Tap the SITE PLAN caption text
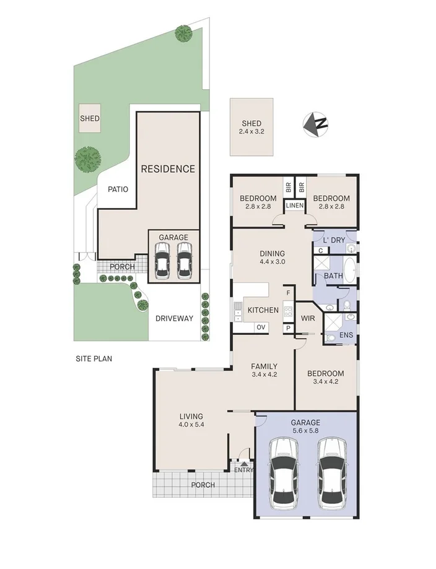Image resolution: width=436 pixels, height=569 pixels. pos(94,358)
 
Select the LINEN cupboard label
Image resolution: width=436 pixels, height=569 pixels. pos(294,205)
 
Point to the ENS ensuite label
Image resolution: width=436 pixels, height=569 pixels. pos(346,335)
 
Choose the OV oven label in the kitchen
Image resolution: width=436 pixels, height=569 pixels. pos(261,328)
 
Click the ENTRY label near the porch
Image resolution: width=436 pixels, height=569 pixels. pos(243,470)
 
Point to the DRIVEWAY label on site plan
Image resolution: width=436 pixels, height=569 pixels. pos(175,319)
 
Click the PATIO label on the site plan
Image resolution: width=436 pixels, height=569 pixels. pos(118,189)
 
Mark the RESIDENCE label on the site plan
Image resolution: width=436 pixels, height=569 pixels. pos(167,168)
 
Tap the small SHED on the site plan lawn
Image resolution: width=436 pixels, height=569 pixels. pos(89,118)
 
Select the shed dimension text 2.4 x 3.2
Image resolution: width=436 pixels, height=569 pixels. pos(251,131)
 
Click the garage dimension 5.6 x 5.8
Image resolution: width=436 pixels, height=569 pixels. pos(306,432)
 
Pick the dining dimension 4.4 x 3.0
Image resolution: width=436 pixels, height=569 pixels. pos(272,262)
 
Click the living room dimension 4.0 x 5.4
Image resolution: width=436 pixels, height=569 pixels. pos(191,425)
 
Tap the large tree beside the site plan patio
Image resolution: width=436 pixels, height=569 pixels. pos(89,160)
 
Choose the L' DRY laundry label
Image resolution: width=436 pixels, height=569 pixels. pos(334,240)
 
